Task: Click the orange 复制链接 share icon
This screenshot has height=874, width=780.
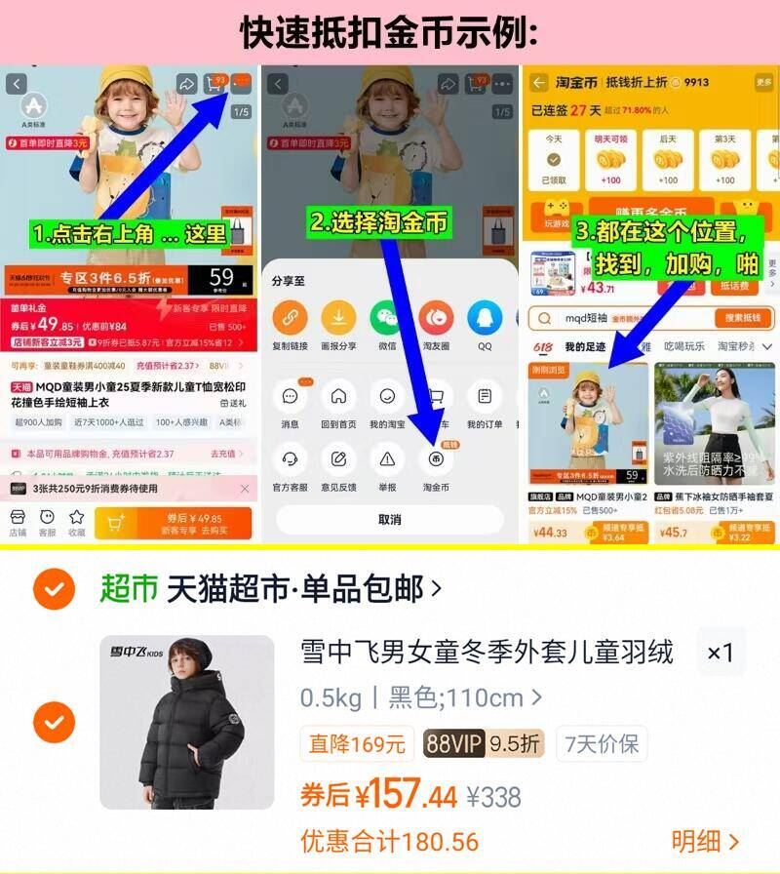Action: (290, 318)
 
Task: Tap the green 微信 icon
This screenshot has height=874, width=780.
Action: (387, 318)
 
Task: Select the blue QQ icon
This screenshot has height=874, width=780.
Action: (485, 318)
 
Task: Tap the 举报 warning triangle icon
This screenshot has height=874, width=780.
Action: (387, 458)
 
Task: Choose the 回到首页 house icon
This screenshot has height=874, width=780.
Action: (338, 397)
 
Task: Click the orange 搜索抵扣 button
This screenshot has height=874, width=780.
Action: (743, 318)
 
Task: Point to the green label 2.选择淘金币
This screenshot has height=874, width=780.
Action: (380, 222)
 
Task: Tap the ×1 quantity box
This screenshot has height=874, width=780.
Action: (721, 653)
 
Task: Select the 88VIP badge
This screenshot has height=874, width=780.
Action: (453, 744)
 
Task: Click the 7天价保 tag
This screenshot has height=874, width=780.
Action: (603, 744)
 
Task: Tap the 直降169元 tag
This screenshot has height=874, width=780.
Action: (357, 744)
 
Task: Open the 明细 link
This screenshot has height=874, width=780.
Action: (704, 841)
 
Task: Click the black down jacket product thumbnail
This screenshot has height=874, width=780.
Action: (187, 722)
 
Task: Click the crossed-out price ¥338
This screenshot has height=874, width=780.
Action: (493, 797)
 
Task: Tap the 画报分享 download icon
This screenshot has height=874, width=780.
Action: (338, 318)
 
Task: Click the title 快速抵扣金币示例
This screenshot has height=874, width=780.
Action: (390, 31)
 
